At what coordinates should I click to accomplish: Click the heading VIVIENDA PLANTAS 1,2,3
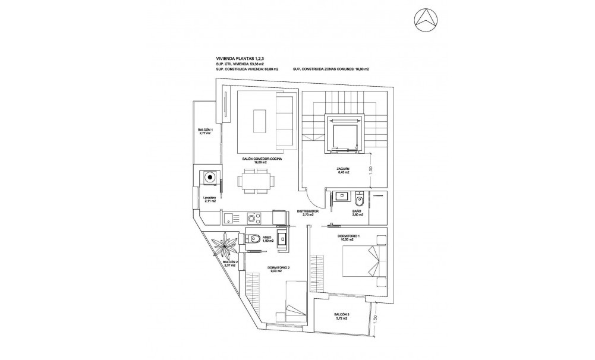(240, 58)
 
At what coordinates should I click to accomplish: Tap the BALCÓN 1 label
(205, 131)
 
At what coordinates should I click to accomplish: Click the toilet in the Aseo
(254, 240)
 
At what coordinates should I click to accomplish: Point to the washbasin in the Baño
(341, 195)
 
